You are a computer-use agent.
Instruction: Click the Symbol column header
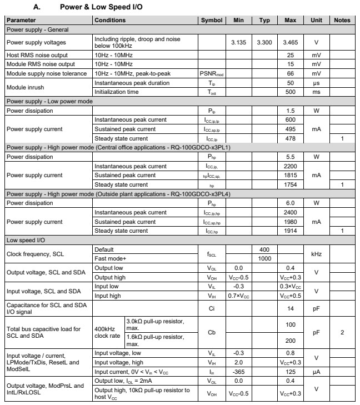(x=211, y=21)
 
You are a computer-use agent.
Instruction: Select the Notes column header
(x=342, y=21)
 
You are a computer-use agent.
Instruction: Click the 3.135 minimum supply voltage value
(x=238, y=42)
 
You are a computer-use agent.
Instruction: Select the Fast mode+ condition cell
(x=109, y=259)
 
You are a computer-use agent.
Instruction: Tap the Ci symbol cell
(x=211, y=308)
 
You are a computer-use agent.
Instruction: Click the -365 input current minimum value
(x=238, y=372)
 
